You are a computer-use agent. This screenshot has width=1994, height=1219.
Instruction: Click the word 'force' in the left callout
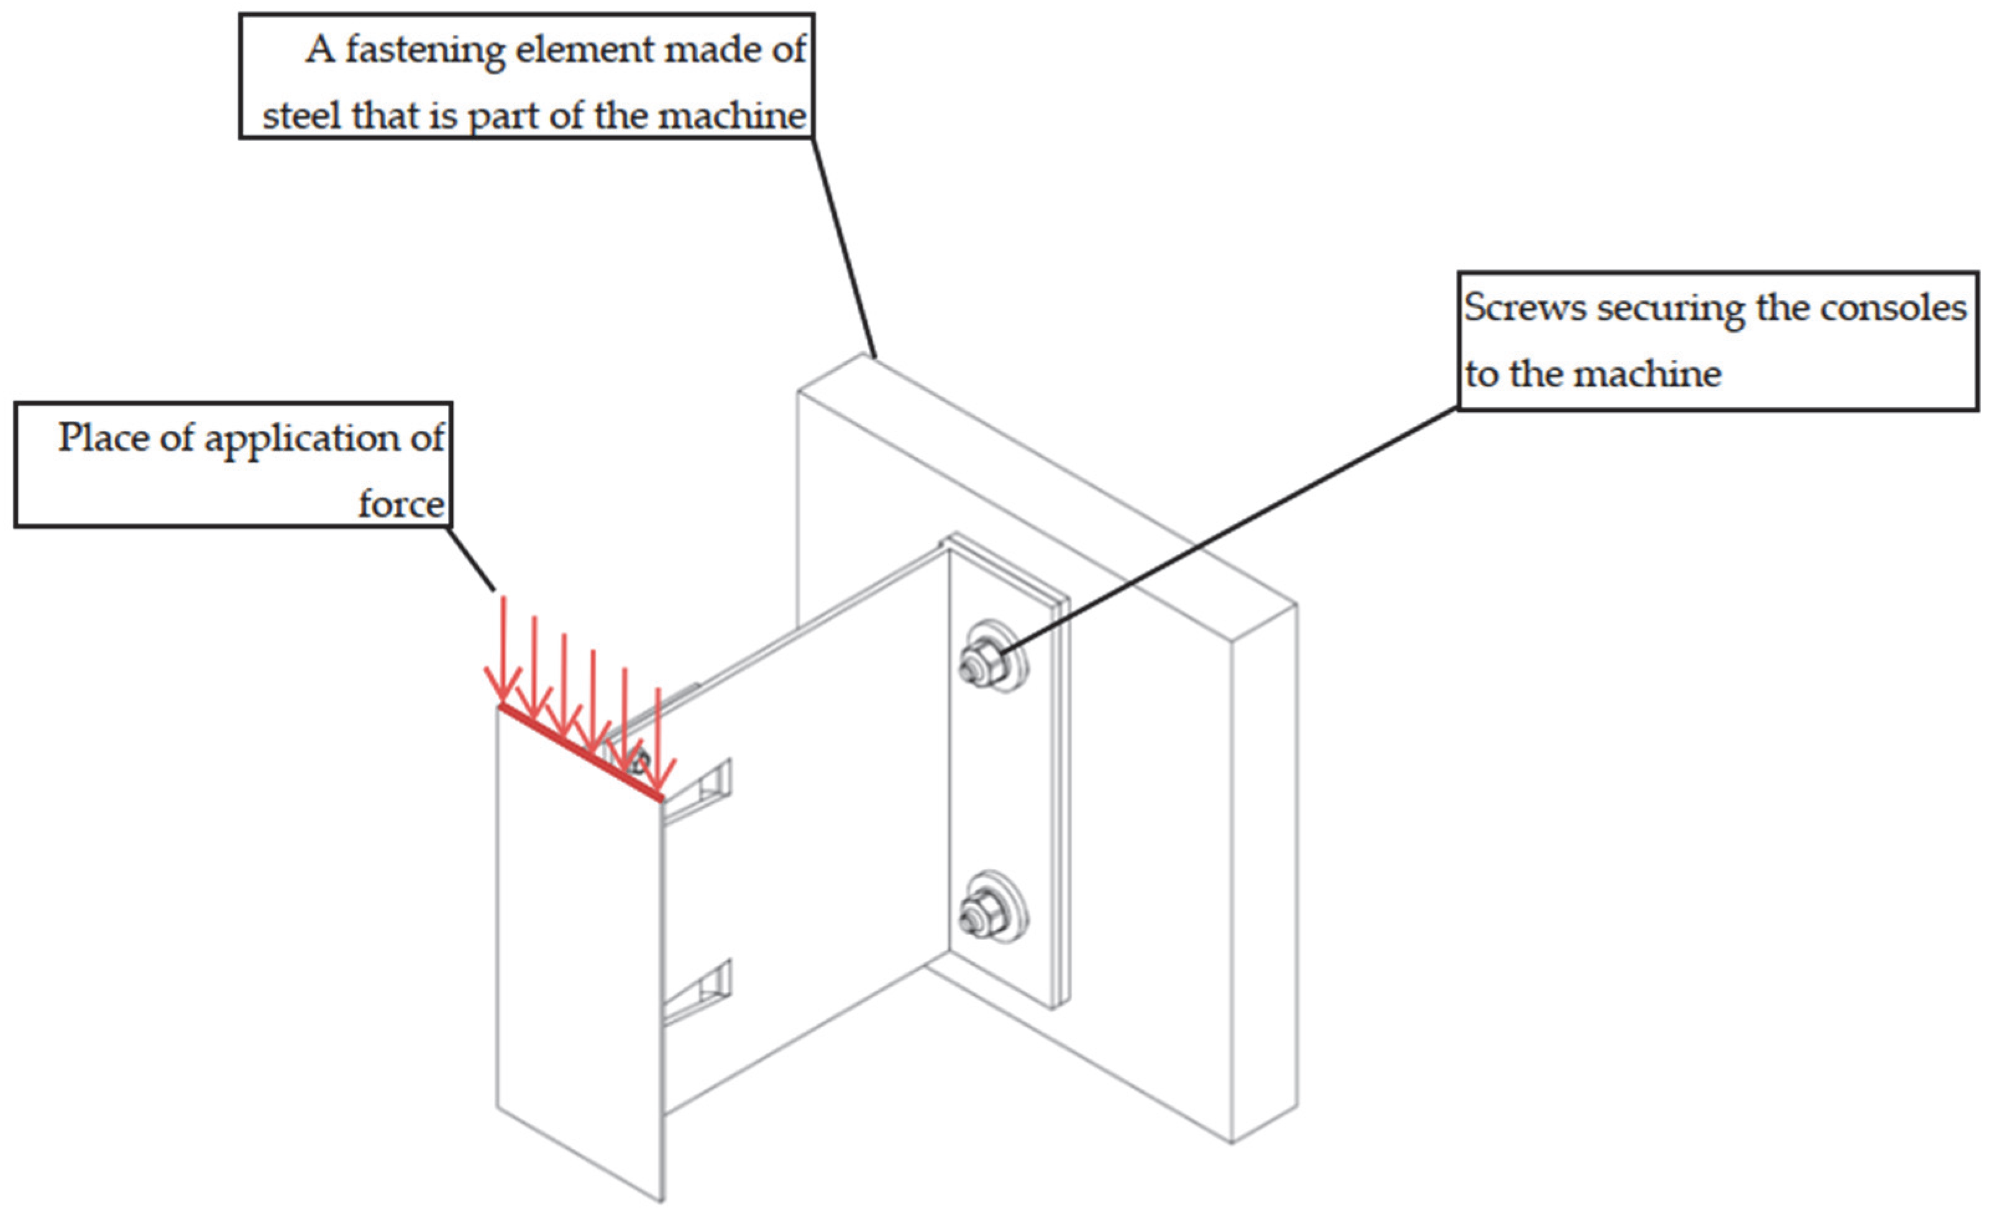tap(401, 504)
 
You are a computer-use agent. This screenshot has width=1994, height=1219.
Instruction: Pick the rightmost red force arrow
tap(659, 737)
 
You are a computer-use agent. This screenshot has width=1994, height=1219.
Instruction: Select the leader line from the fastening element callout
tap(843, 247)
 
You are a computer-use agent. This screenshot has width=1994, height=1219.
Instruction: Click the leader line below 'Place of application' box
tap(471, 558)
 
